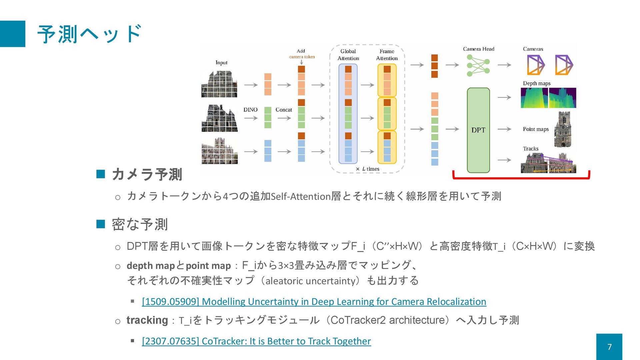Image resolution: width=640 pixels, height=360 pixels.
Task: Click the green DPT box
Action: pos(478,130)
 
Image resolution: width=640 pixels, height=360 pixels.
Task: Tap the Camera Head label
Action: pos(478,49)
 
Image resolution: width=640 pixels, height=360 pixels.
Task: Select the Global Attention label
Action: pos(348,55)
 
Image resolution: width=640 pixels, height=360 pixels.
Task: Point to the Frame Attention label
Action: pos(387,55)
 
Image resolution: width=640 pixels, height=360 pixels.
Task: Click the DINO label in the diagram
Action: pos(250,110)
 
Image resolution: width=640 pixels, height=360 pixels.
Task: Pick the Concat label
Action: pos(284,110)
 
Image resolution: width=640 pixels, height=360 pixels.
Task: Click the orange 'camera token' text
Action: pos(302,57)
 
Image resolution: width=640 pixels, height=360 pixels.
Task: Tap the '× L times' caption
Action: pos(367,169)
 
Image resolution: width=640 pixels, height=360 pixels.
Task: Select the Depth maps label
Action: pos(536,83)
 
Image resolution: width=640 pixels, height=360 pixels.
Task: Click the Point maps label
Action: pos(536,129)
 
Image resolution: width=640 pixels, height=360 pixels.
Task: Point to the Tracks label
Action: pos(531,149)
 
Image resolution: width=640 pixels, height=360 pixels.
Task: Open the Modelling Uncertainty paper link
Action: pos(314,302)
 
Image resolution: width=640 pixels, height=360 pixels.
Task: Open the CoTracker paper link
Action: pos(256,341)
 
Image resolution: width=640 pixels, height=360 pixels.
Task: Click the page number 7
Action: pos(609,347)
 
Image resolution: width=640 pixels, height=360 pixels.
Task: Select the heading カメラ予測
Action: pos(147,174)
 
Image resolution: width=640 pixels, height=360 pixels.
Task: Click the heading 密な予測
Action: pos(140,224)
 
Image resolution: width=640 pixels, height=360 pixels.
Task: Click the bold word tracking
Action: pos(147,320)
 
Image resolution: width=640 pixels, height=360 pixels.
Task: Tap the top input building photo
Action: pos(219,84)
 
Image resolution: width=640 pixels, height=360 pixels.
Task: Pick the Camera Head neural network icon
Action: pos(478,65)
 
